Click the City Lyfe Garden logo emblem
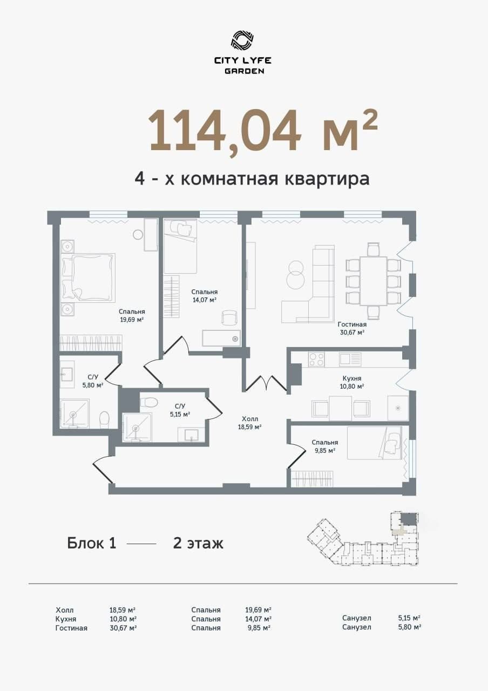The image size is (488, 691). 242,40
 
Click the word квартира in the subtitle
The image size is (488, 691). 327,179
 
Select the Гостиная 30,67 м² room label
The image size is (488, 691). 352,328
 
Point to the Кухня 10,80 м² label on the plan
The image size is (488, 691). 352,382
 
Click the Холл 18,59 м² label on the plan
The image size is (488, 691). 250,423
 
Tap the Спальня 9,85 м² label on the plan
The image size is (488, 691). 325,446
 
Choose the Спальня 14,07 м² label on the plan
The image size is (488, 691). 204,295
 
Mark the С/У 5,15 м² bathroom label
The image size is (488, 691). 180,410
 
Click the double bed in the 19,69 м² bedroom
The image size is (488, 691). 89,277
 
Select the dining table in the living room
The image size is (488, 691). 373,281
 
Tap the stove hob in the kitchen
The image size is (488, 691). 316,360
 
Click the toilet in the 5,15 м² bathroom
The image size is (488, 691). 149,402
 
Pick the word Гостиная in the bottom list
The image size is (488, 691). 71,628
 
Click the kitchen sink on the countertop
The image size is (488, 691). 350,360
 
